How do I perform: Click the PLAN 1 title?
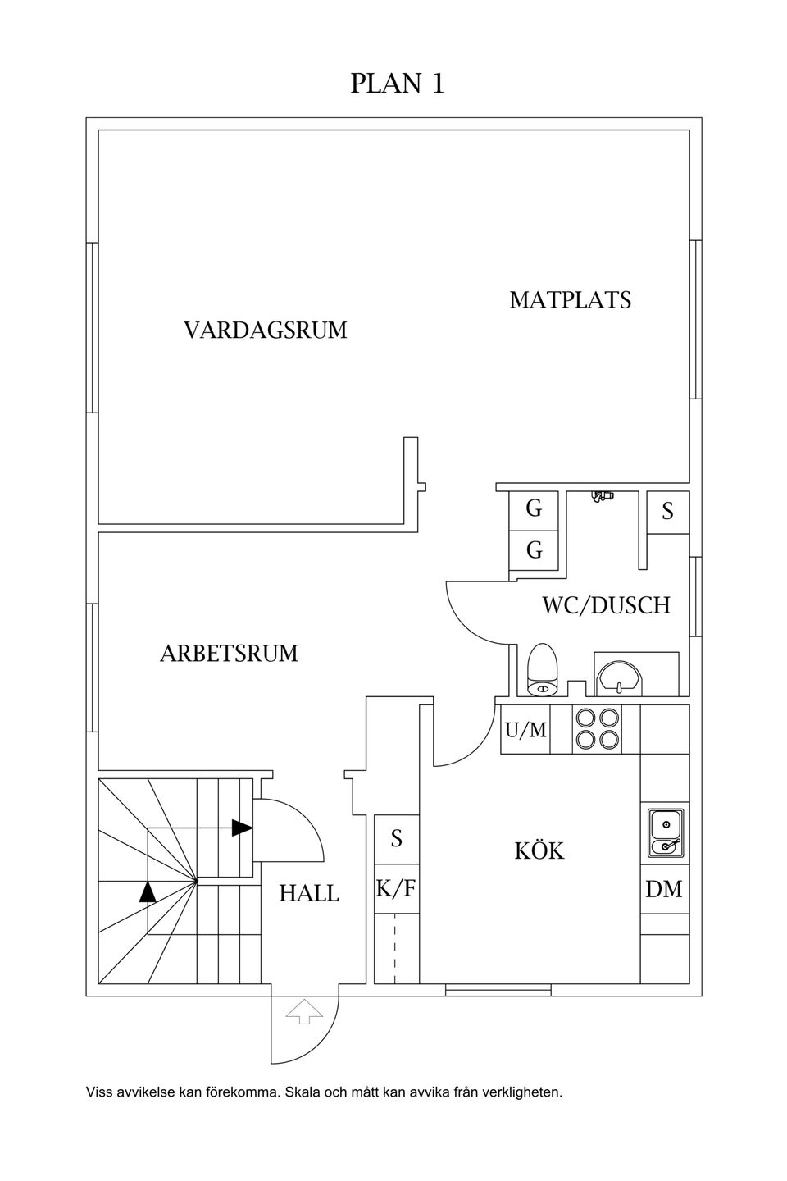(x=398, y=84)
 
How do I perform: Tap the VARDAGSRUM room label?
(x=265, y=331)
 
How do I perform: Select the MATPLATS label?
(x=570, y=300)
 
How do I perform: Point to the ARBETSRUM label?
(x=229, y=654)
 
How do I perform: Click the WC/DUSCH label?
(x=606, y=605)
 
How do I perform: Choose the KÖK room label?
(x=539, y=851)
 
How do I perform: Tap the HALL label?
(x=309, y=893)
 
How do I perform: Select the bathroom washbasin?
(x=620, y=677)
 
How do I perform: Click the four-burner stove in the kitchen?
(x=597, y=728)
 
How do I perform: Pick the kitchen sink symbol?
(x=665, y=832)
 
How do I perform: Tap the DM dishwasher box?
(x=664, y=889)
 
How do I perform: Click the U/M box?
(x=525, y=729)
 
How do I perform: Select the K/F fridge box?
(x=397, y=888)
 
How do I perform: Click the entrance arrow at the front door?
(x=304, y=1012)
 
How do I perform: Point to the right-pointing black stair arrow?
(x=242, y=828)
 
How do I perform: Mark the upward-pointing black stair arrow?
(x=148, y=891)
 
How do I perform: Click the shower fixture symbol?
(x=603, y=496)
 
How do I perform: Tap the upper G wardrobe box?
(x=534, y=509)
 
